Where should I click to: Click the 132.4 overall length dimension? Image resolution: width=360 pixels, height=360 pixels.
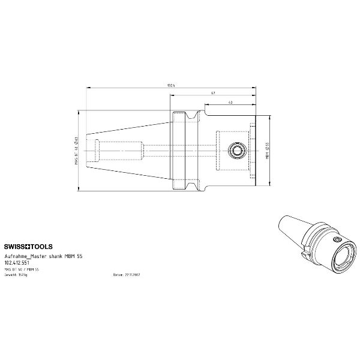point(171,86)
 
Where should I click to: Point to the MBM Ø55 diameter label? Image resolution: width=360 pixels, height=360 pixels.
point(266,151)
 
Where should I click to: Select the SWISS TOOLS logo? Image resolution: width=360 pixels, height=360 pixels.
point(28,247)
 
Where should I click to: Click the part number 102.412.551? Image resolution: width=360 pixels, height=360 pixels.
point(17,262)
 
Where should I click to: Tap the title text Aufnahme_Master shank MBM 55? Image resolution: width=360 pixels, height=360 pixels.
point(43,255)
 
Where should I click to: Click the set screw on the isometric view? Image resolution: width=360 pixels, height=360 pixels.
point(337,239)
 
